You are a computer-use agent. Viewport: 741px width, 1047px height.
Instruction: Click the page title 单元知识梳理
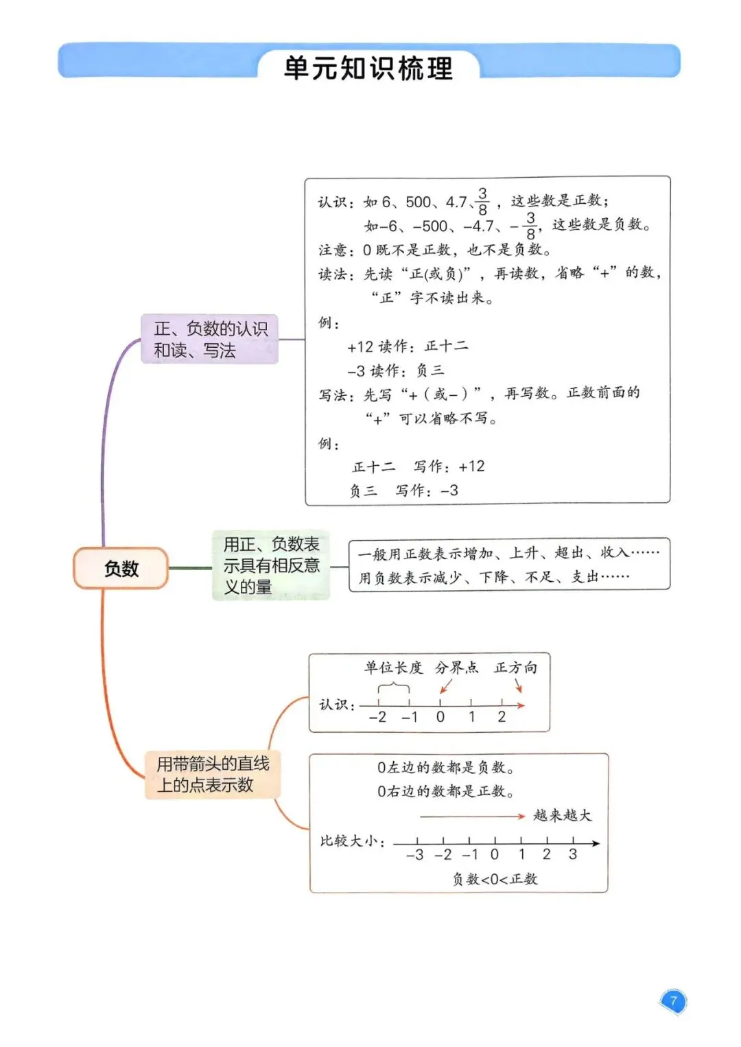pyautogui.click(x=368, y=69)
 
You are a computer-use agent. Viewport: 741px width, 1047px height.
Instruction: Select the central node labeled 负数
pyautogui.click(x=121, y=568)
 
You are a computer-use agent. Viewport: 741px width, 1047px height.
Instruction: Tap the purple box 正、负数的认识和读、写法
pyautogui.click(x=209, y=339)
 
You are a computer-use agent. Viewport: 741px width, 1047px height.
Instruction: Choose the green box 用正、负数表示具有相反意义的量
pyautogui.click(x=271, y=565)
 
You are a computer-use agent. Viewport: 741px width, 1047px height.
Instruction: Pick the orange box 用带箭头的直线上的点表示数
pyautogui.click(x=213, y=774)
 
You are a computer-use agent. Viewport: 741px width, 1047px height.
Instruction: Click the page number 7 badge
pyautogui.click(x=673, y=1000)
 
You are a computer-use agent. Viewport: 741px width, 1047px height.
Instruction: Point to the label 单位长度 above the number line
pyautogui.click(x=393, y=668)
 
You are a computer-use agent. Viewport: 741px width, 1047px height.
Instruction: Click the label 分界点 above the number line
pyautogui.click(x=456, y=668)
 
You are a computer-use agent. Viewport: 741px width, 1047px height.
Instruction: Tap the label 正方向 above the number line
pyautogui.click(x=515, y=668)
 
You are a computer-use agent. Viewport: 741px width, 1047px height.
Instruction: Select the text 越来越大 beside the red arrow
pyautogui.click(x=562, y=815)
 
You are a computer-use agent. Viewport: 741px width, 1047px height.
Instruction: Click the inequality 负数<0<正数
pyautogui.click(x=495, y=879)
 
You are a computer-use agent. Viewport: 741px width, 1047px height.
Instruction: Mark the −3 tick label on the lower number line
pyautogui.click(x=414, y=855)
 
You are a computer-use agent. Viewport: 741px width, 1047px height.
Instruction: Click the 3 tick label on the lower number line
pyautogui.click(x=573, y=854)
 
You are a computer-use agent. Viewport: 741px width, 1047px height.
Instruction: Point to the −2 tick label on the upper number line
pyautogui.click(x=377, y=717)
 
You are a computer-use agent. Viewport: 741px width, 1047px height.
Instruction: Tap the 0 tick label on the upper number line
pyautogui.click(x=440, y=717)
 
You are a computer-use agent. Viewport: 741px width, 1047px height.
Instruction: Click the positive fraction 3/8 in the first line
pyautogui.click(x=482, y=202)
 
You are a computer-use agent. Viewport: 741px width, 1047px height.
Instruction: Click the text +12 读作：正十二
pyautogui.click(x=408, y=346)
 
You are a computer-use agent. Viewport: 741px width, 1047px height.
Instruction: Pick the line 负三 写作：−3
pyautogui.click(x=403, y=491)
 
